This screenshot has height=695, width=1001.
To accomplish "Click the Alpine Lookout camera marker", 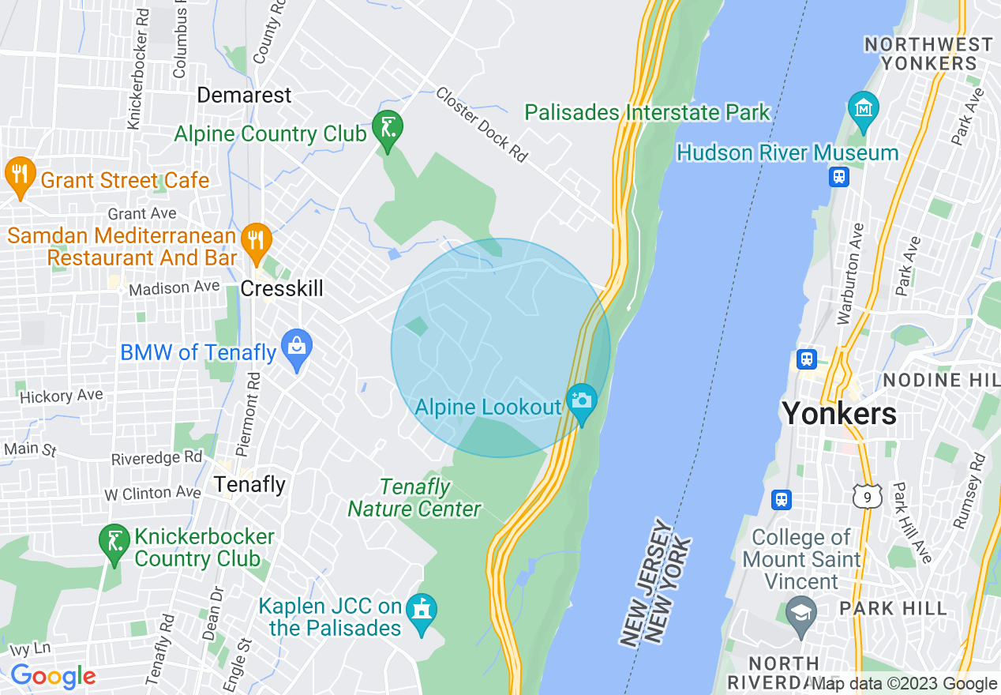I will tap(582, 400).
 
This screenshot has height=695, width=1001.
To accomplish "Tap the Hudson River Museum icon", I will tap(864, 108).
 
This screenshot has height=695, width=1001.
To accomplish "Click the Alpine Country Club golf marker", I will tap(388, 128).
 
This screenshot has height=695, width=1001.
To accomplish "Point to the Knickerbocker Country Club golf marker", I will tap(114, 541).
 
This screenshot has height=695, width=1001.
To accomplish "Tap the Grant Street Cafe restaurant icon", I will tap(17, 174).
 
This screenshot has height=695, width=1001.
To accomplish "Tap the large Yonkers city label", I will tap(838, 413).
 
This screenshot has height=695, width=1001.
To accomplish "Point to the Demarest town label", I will tap(244, 96).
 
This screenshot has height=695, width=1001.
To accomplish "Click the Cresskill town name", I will tap(282, 288).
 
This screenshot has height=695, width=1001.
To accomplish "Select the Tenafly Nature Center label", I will tap(414, 498).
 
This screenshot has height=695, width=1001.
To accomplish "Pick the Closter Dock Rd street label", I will tap(482, 124).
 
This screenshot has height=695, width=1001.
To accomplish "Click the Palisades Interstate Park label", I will tap(647, 113).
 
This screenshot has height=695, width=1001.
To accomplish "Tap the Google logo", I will tap(54, 676).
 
